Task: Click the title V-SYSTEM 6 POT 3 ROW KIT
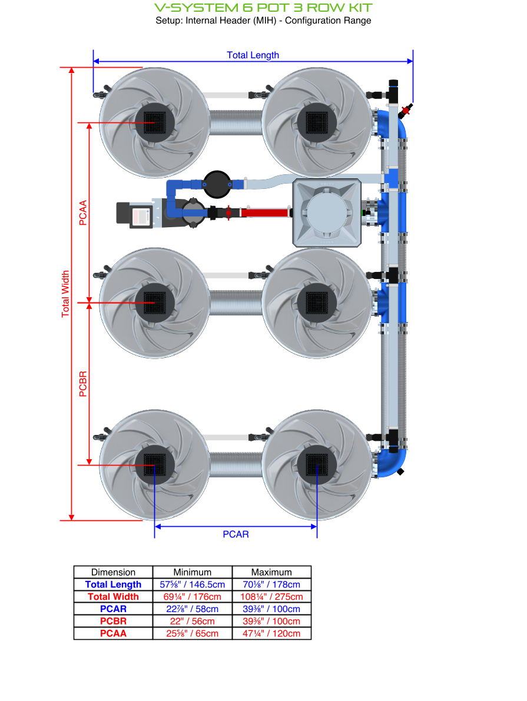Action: tap(263, 8)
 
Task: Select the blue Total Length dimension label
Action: tap(253, 55)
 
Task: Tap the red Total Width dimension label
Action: tap(65, 294)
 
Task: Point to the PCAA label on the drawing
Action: tap(83, 213)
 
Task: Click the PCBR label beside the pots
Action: tap(83, 384)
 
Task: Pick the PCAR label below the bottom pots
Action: tap(236, 534)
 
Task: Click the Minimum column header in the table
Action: tap(192, 572)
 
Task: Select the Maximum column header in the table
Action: tap(271, 572)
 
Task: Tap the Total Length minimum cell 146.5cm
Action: tap(192, 584)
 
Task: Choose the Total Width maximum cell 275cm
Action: tap(271, 597)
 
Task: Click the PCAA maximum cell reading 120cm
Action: tap(271, 633)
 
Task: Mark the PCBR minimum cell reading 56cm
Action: tap(192, 621)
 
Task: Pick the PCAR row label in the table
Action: tap(113, 609)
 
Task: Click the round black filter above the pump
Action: tap(217, 184)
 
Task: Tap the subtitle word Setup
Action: tap(168, 21)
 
